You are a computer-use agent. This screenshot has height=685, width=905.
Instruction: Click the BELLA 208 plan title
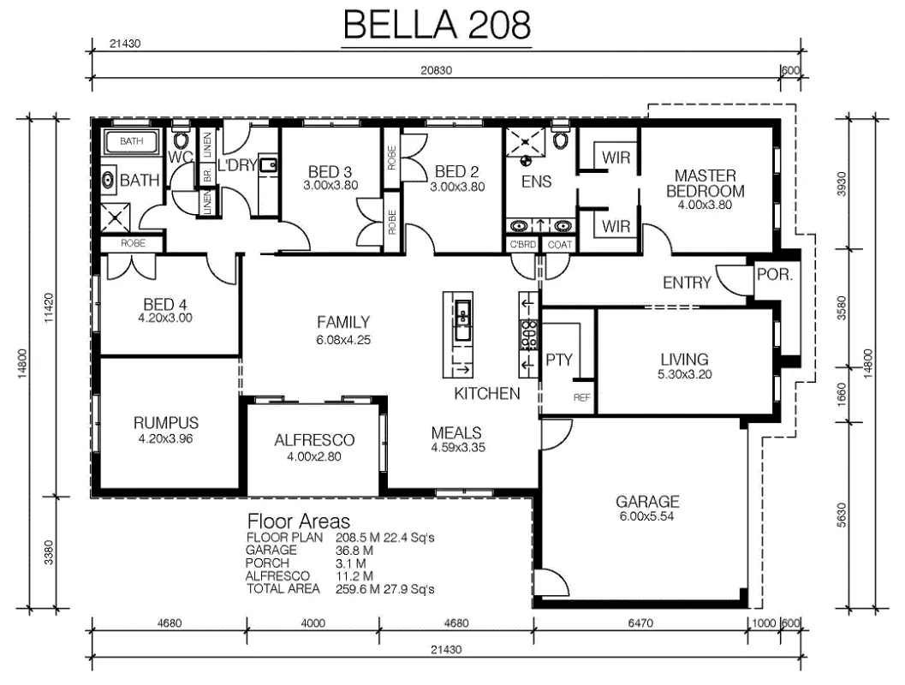click(437, 25)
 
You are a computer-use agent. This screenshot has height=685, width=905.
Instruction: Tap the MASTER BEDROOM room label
click(706, 183)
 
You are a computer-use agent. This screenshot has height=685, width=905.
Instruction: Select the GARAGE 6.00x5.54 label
click(647, 509)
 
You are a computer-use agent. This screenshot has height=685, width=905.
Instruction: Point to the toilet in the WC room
click(181, 140)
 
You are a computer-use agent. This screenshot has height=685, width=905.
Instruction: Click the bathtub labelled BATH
click(132, 141)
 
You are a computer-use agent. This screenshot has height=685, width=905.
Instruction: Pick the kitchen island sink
click(462, 321)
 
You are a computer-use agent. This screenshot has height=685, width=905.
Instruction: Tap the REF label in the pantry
click(582, 397)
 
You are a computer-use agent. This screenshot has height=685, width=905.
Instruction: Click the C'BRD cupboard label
click(522, 245)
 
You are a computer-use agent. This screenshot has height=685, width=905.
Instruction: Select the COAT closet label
click(559, 245)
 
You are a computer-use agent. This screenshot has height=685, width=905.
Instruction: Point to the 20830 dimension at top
click(437, 70)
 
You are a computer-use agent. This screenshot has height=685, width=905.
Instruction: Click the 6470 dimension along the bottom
click(640, 622)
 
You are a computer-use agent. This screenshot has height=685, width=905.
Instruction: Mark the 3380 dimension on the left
click(49, 552)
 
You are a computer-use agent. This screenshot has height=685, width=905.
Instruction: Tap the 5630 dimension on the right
click(842, 515)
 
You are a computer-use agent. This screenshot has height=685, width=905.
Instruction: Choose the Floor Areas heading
click(299, 521)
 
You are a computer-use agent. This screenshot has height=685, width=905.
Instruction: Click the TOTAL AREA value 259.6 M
click(357, 589)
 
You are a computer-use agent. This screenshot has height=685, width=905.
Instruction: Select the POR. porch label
click(775, 274)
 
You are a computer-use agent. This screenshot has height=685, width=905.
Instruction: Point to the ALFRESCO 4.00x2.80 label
click(314, 448)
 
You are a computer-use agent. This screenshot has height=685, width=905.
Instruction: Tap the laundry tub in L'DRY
click(268, 165)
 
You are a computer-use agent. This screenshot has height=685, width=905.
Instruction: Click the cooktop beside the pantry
click(528, 336)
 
